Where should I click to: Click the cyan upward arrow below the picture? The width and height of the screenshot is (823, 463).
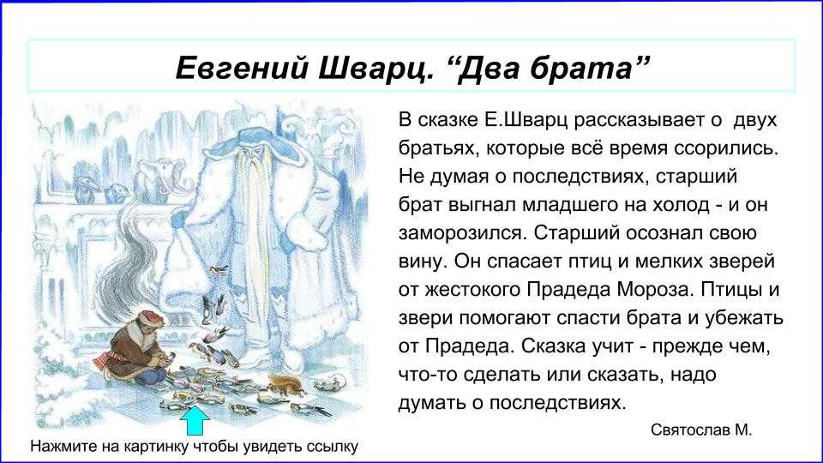(195, 420)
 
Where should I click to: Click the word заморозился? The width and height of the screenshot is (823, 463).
(462, 233)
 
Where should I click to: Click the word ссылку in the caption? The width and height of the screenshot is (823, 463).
(332, 448)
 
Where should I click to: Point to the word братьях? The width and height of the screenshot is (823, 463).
(439, 148)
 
